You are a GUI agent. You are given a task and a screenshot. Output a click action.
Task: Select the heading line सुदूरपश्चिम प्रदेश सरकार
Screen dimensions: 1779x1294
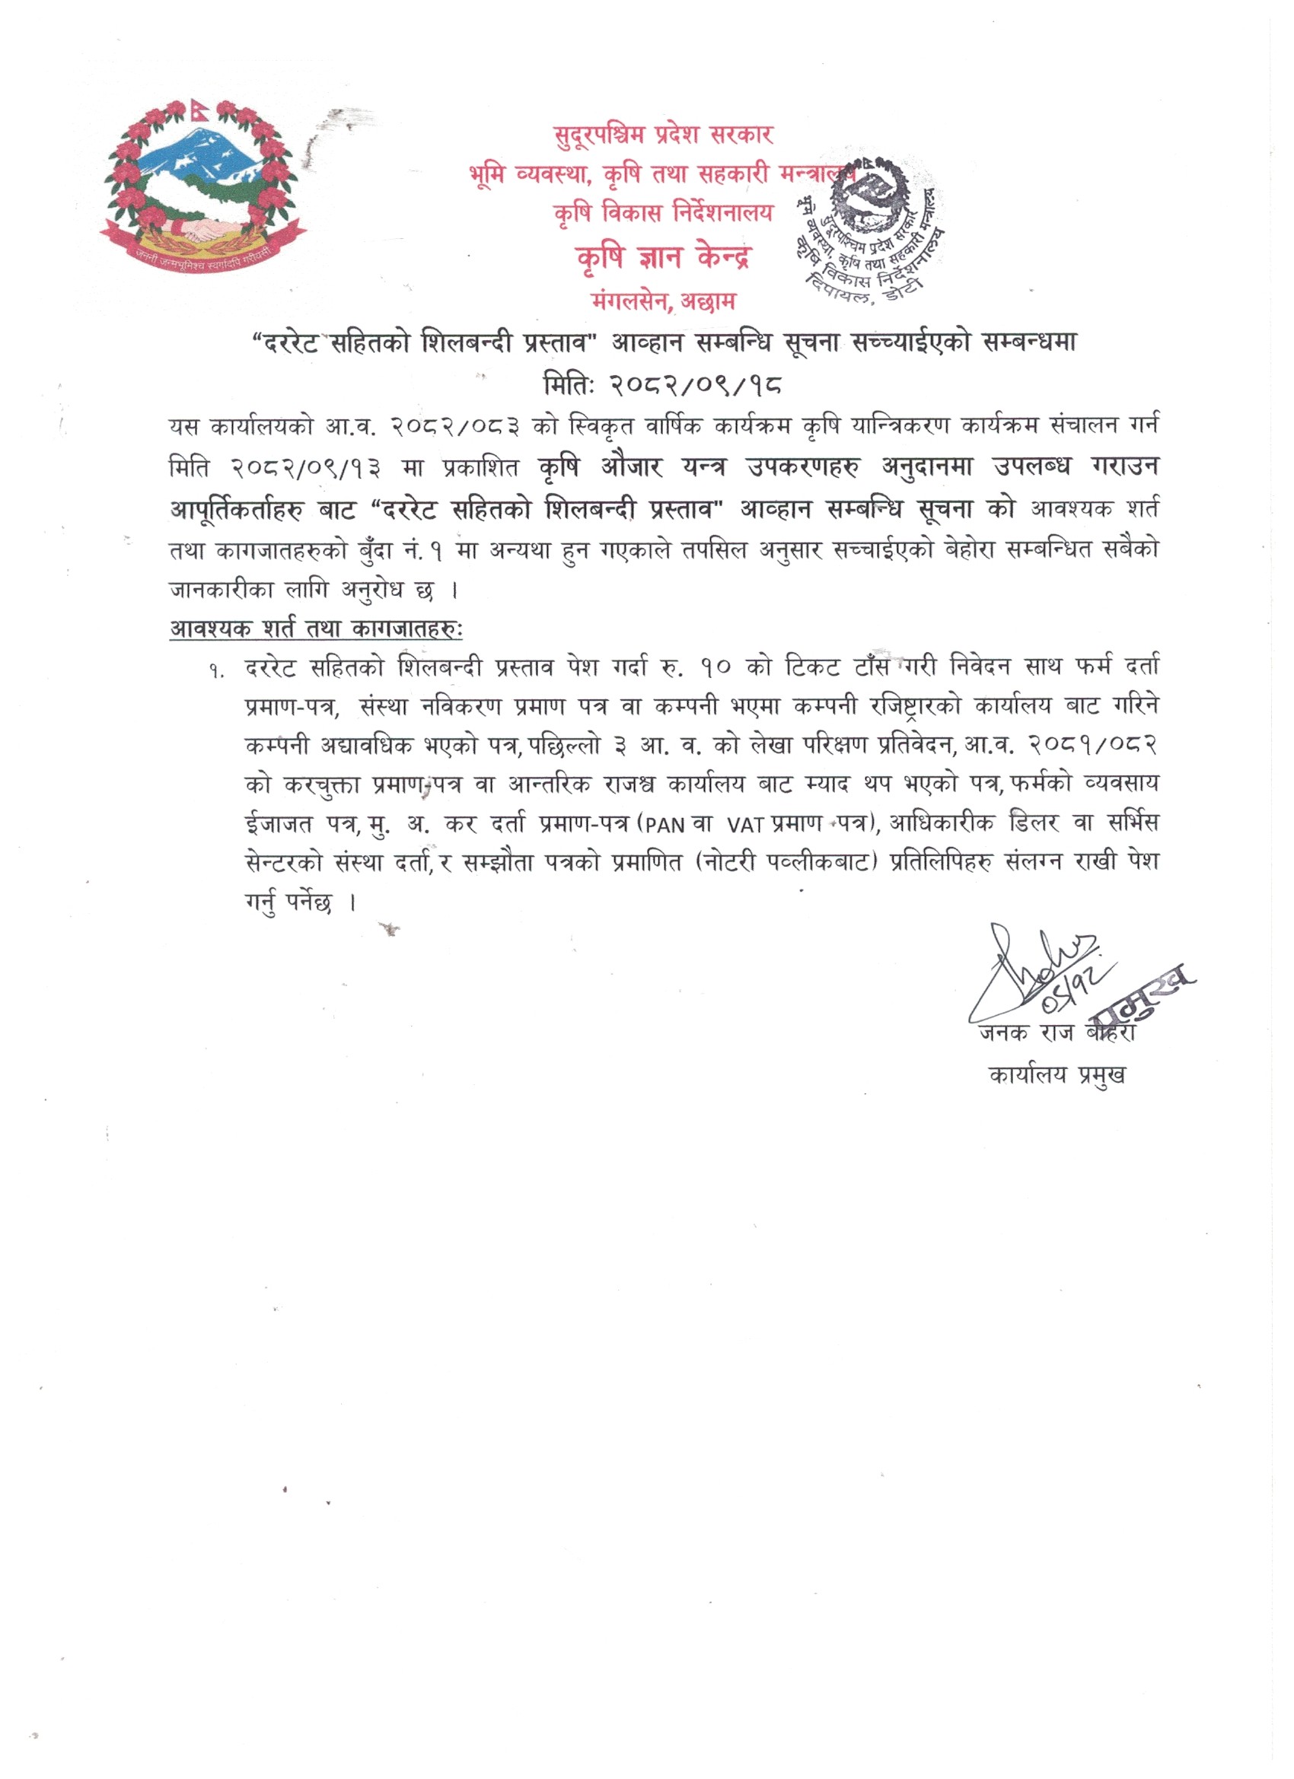tap(663, 135)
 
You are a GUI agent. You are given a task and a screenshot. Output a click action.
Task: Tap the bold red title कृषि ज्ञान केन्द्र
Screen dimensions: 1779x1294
tap(663, 256)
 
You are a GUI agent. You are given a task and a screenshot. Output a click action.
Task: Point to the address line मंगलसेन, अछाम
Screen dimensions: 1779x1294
tap(663, 300)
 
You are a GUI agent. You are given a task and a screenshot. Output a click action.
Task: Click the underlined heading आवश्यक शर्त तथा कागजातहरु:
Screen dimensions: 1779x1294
tap(316, 629)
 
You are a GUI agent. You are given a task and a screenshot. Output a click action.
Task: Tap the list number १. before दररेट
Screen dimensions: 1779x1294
tap(218, 670)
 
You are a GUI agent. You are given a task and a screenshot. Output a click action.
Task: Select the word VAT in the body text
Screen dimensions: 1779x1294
tap(745, 825)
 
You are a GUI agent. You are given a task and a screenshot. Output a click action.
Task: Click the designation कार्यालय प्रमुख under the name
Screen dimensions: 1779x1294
tap(1057, 1074)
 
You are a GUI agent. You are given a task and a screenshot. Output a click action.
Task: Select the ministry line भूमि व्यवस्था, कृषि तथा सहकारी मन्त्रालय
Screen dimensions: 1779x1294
tap(663, 174)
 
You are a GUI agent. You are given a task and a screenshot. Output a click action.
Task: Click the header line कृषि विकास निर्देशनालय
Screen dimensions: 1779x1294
tap(663, 212)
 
